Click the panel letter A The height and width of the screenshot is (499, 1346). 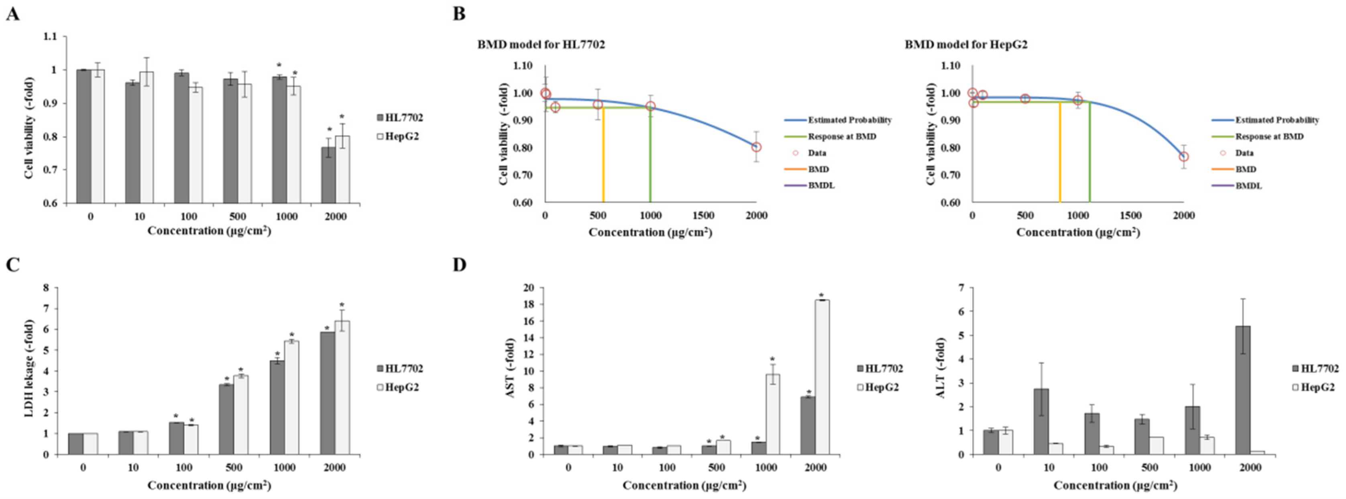[x=12, y=14]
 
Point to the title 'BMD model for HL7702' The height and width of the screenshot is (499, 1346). [x=541, y=45]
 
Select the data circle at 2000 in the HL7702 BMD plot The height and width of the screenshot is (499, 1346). [x=756, y=147]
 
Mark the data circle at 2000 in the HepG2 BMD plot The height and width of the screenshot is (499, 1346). [x=1183, y=156]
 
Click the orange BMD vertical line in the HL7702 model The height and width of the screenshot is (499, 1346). [x=603, y=156]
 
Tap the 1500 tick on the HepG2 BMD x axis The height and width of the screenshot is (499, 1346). [x=1131, y=215]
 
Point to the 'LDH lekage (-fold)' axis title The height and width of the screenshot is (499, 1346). [x=29, y=371]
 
